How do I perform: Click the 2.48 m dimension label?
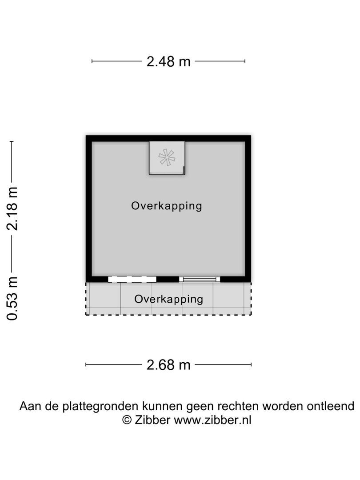click(x=168, y=61)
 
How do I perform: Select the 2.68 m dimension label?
click(x=168, y=365)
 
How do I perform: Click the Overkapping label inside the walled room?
click(x=167, y=206)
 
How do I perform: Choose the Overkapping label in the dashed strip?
click(x=169, y=299)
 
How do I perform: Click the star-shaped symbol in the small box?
click(x=167, y=157)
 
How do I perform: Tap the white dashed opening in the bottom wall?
click(x=132, y=279)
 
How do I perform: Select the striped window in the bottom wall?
click(x=200, y=279)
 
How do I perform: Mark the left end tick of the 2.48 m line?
click(x=92, y=61)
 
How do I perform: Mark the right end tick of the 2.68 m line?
click(x=251, y=365)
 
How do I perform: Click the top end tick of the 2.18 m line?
click(x=12, y=142)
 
